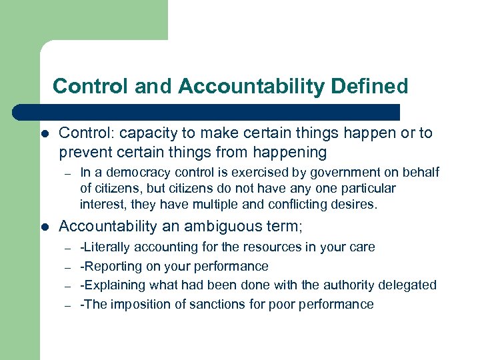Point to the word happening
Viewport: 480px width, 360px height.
293,152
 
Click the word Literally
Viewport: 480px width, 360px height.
109,247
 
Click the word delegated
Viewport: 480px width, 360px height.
407,285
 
